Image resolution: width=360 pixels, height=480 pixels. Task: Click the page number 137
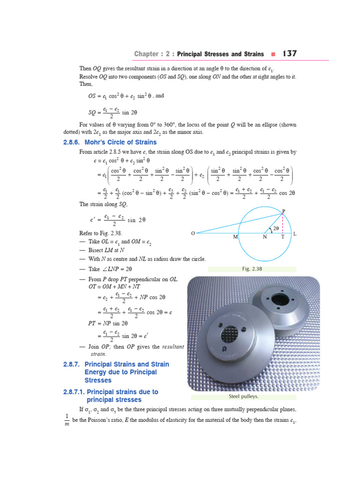289,54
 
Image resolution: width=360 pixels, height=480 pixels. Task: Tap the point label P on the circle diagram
283,211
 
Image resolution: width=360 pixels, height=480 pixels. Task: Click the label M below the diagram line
235,238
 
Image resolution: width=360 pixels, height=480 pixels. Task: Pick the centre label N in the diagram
265,238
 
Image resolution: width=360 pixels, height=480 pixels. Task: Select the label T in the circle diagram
282,238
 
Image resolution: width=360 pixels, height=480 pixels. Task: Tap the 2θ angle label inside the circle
276,228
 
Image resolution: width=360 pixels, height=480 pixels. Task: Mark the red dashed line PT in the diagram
283,224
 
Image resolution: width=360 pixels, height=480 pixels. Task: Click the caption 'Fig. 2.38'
252,269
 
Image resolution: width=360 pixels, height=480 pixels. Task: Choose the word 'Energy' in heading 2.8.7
95,372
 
